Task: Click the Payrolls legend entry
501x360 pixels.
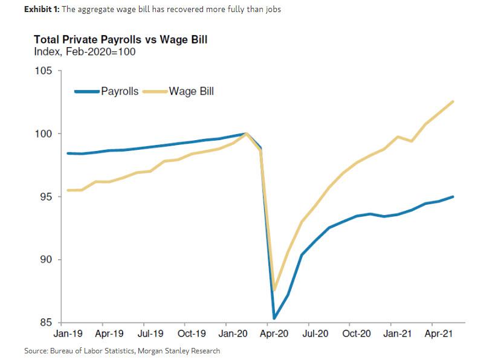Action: pos(106,92)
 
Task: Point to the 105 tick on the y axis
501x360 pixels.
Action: pos(47,71)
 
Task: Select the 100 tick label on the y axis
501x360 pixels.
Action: pos(47,133)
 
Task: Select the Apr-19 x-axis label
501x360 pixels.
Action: pos(110,333)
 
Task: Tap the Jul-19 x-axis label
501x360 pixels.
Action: pos(152,333)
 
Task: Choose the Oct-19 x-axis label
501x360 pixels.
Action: pos(193,333)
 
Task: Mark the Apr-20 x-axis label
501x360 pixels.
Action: pos(274,333)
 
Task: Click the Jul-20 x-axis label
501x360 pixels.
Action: pos(315,333)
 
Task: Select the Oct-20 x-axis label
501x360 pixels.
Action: pos(357,333)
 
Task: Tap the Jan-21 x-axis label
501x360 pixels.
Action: pos(398,333)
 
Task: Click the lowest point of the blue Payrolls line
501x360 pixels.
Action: pos(274,318)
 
